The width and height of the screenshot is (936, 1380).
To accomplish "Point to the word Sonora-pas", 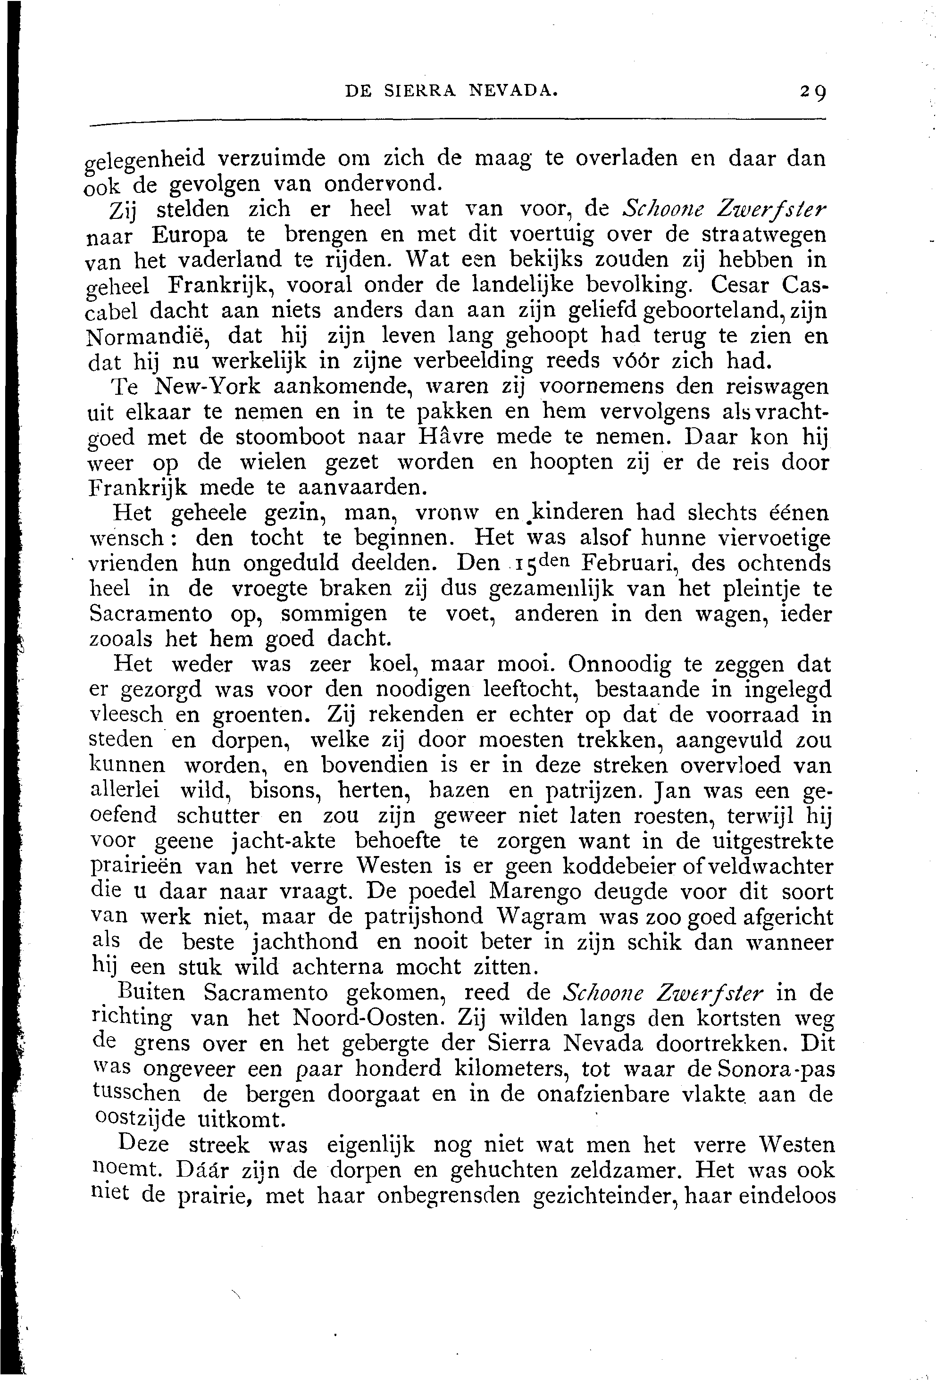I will (x=775, y=1069).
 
